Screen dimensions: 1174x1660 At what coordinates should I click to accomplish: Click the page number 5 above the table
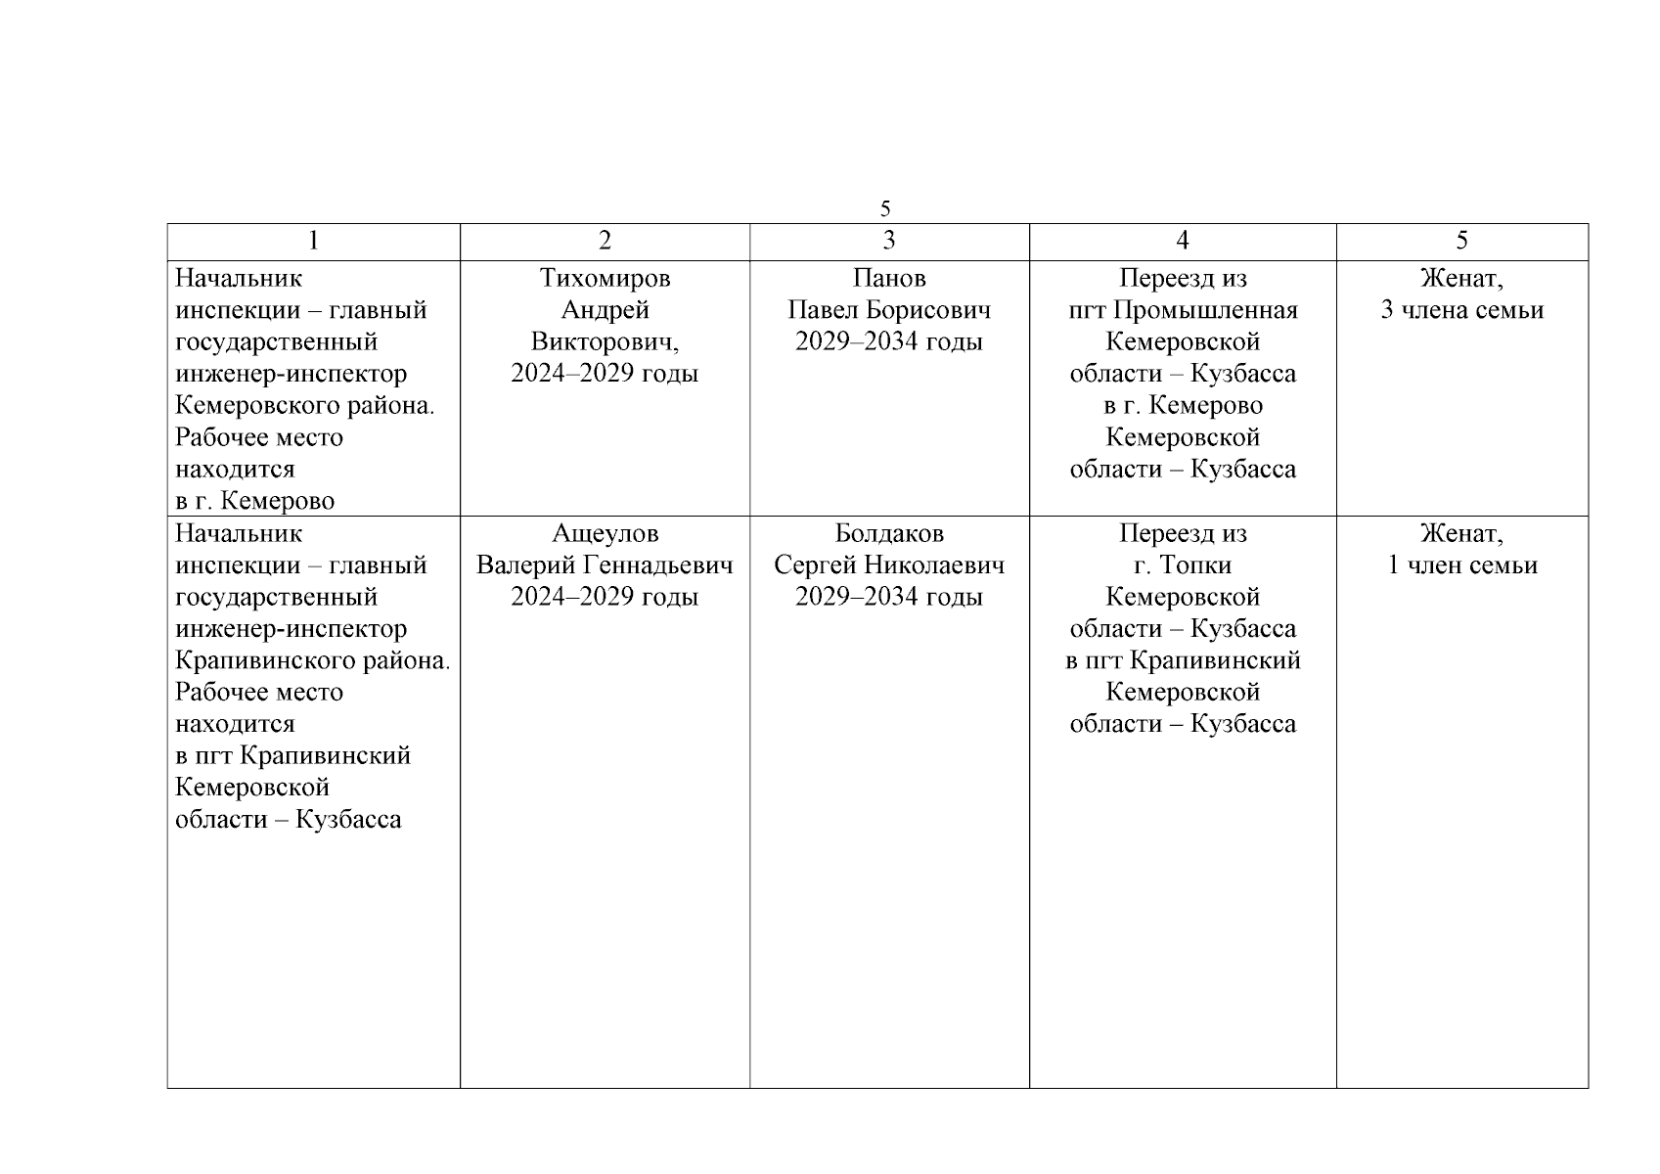pyautogui.click(x=885, y=208)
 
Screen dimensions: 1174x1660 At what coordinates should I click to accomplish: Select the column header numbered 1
pyautogui.click(x=313, y=241)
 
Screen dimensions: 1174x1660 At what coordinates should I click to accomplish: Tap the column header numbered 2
pyautogui.click(x=605, y=241)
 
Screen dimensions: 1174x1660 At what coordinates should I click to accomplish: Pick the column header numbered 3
pyautogui.click(x=888, y=241)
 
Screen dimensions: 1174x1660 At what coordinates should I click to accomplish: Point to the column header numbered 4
pyautogui.click(x=1182, y=241)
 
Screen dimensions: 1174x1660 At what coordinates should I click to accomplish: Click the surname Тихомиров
pyautogui.click(x=605, y=279)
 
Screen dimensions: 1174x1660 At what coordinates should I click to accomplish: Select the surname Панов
pyautogui.click(x=888, y=279)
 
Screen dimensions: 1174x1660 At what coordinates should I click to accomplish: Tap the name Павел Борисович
pyautogui.click(x=888, y=310)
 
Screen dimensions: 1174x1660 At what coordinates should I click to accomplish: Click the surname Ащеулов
pyautogui.click(x=605, y=534)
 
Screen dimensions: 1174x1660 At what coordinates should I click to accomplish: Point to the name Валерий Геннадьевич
pyautogui.click(x=605, y=565)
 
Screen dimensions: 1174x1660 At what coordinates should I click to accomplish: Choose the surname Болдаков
pyautogui.click(x=888, y=534)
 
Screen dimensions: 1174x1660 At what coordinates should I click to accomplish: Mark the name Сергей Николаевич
pyautogui.click(x=888, y=565)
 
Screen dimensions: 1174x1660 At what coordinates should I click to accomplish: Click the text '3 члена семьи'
pyautogui.click(x=1461, y=310)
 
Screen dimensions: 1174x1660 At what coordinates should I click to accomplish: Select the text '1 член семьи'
pyautogui.click(x=1461, y=565)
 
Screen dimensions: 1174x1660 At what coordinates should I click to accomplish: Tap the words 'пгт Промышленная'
pyautogui.click(x=1182, y=310)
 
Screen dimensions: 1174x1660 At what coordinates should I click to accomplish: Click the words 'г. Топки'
pyautogui.click(x=1182, y=565)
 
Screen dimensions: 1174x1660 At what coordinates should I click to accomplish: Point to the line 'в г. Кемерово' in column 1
pyautogui.click(x=254, y=501)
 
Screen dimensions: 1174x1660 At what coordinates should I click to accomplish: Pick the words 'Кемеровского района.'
pyautogui.click(x=304, y=405)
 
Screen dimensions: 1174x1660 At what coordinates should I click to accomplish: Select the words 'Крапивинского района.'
pyautogui.click(x=312, y=660)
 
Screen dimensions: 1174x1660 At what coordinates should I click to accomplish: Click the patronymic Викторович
pyautogui.click(x=605, y=342)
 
